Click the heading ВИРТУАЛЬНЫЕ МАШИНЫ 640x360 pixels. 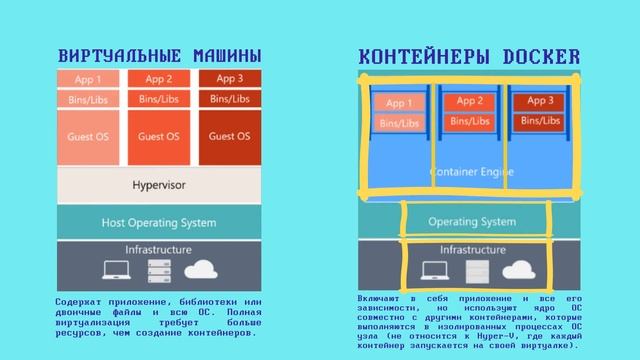pyautogui.click(x=160, y=54)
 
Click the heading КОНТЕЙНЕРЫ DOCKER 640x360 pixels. pyautogui.click(x=469, y=56)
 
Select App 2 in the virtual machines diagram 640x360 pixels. pyautogui.click(x=159, y=78)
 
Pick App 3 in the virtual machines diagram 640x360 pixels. pyautogui.click(x=229, y=78)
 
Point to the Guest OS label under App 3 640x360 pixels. pyautogui.click(x=229, y=136)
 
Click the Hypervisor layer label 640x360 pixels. pyautogui.click(x=159, y=186)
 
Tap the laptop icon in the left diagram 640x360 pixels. pyautogui.click(x=116, y=269)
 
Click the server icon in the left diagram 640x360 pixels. pyautogui.click(x=159, y=270)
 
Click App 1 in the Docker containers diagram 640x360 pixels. pyautogui.click(x=399, y=102)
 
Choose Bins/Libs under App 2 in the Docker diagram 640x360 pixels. pyautogui.click(x=470, y=121)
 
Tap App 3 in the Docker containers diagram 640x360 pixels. pyautogui.click(x=540, y=101)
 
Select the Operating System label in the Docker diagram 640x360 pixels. pyautogui.click(x=472, y=220)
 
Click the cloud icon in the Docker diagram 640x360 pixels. pyautogui.click(x=518, y=268)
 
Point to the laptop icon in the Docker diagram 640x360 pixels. pyautogui.click(x=434, y=269)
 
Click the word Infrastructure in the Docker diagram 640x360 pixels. pyautogui.click(x=473, y=247)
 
